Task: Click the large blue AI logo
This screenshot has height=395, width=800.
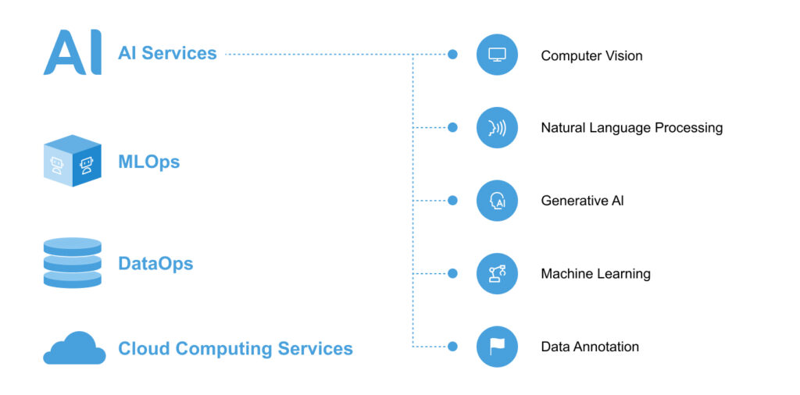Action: pos(72,53)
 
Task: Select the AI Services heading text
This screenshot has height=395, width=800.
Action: pos(167,53)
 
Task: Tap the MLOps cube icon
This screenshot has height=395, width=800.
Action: pos(72,161)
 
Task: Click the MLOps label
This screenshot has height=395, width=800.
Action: pos(148,162)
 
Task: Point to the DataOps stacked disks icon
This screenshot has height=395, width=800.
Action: pos(72,263)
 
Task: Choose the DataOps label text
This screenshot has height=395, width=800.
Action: pos(155,263)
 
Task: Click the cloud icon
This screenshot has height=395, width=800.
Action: pos(74,348)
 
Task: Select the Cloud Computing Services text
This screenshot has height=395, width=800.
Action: pos(235,348)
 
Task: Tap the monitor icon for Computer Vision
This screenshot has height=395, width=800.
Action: pos(497,55)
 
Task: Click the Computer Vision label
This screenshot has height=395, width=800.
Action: pos(591,55)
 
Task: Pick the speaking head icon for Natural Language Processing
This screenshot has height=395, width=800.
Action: pos(497,127)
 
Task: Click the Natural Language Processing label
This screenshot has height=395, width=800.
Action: pos(631,127)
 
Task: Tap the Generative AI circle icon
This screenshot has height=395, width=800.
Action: pos(497,201)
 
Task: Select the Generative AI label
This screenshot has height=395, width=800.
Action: pos(582,201)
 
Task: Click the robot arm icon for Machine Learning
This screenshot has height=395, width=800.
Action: pos(497,273)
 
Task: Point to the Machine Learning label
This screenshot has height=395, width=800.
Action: pos(595,274)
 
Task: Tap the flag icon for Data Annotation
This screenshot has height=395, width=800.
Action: pos(497,346)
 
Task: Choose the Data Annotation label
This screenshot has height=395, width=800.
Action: pos(590,347)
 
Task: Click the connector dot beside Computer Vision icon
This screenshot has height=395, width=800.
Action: pos(452,55)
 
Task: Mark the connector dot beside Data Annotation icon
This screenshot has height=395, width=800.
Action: pos(452,346)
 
